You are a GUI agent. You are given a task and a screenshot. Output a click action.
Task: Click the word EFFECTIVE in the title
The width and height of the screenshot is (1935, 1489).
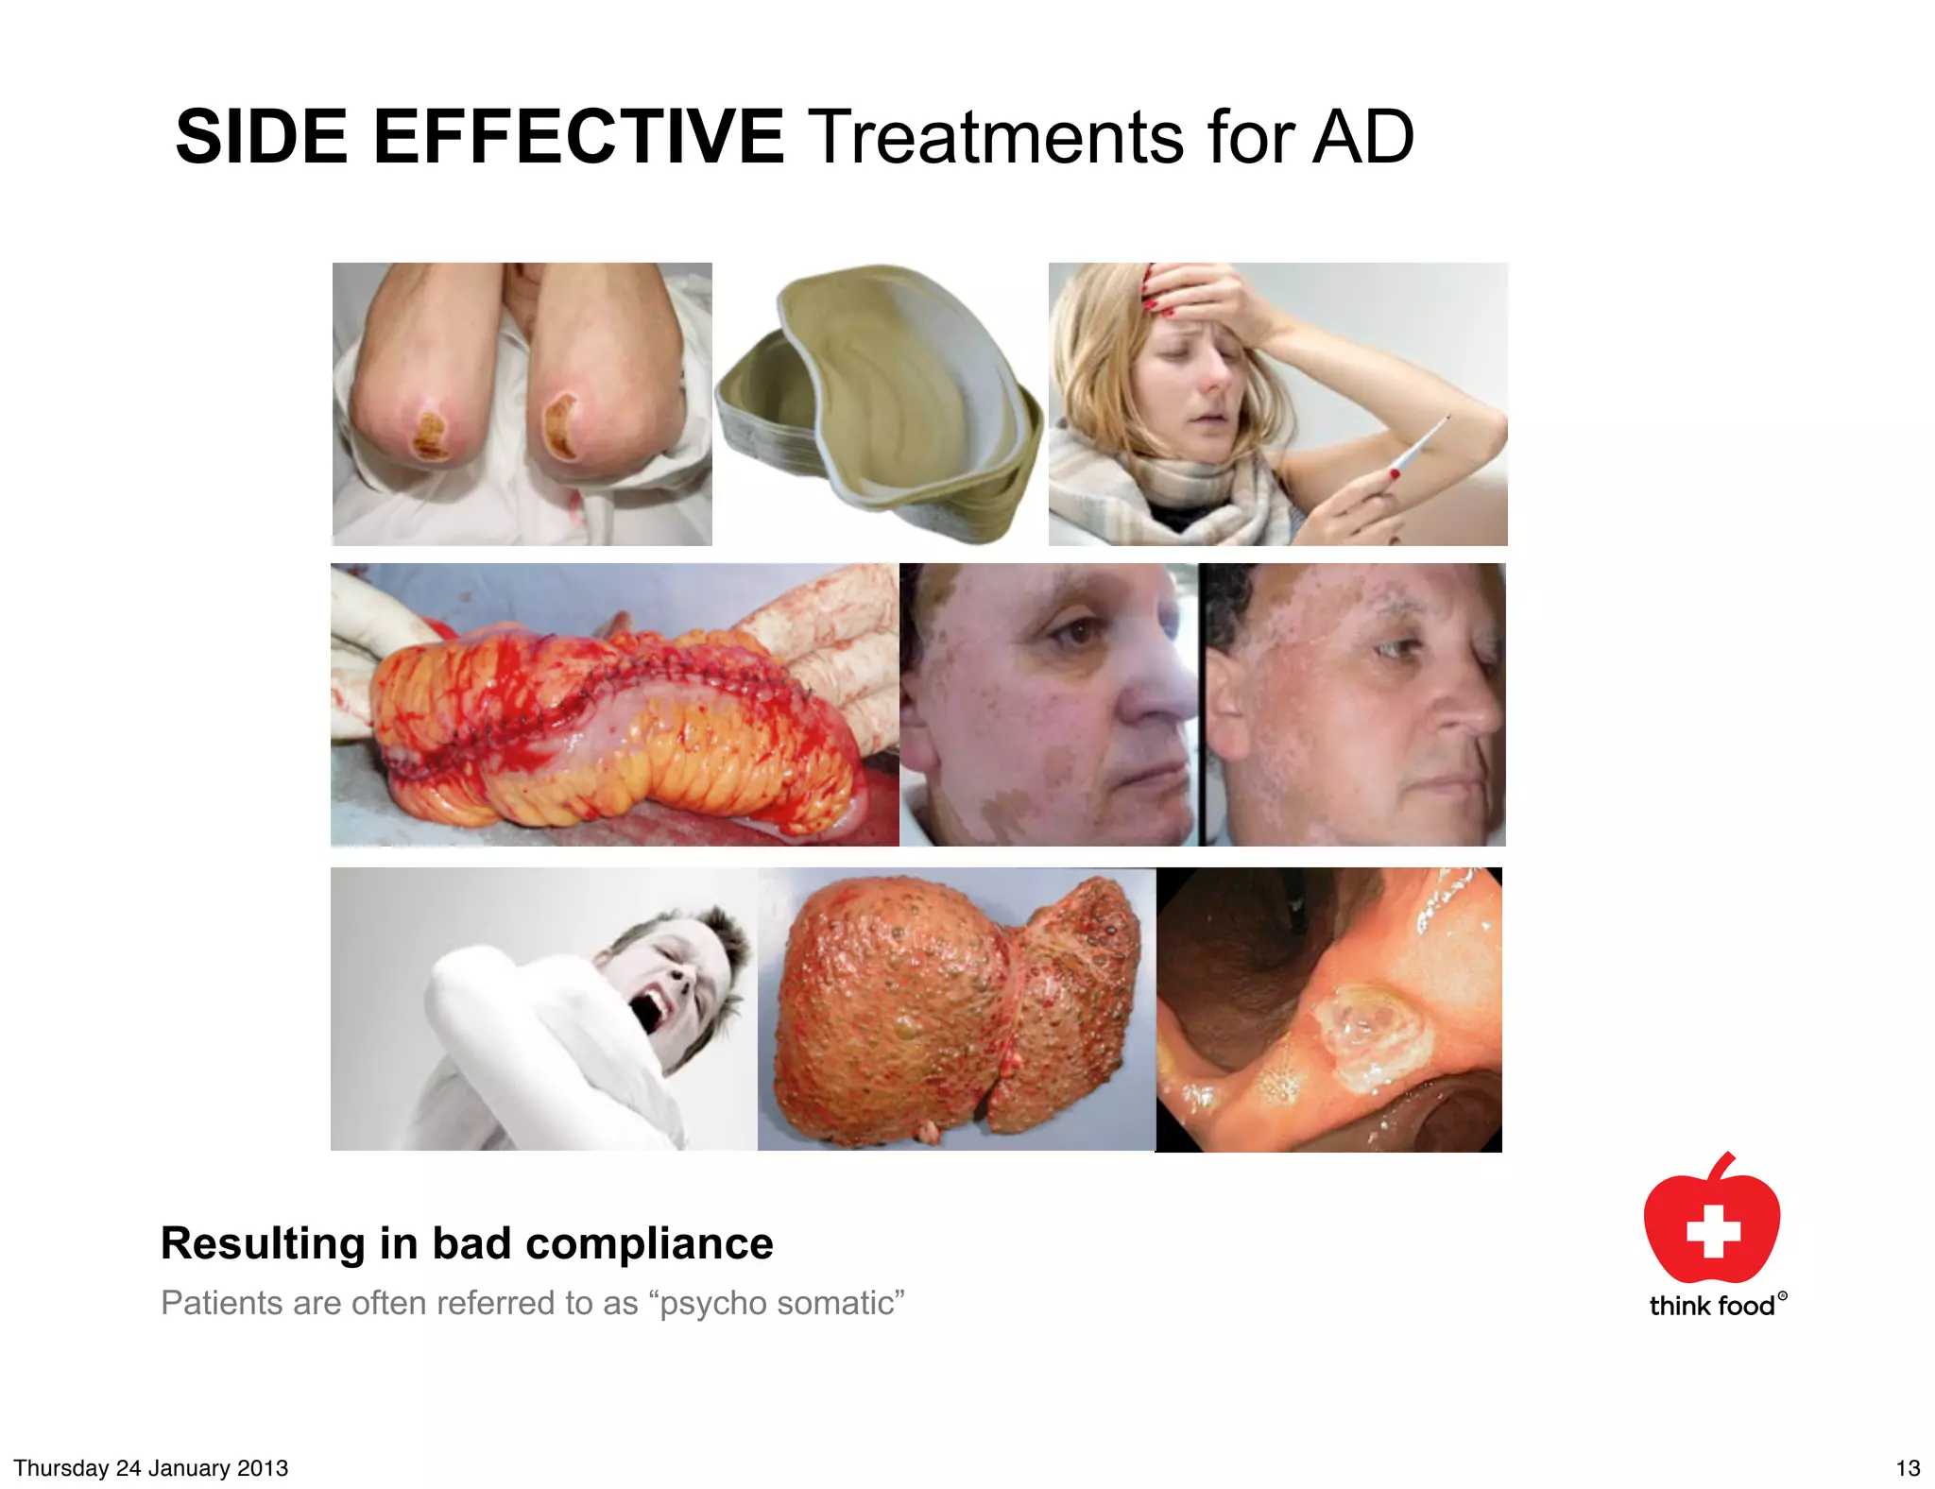(578, 137)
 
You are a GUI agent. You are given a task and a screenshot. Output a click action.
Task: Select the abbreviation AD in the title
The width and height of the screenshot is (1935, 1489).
(1362, 137)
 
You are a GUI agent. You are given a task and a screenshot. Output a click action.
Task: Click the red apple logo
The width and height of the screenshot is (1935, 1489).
(1711, 1220)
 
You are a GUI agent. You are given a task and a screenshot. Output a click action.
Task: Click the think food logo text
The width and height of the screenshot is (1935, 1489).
(1711, 1306)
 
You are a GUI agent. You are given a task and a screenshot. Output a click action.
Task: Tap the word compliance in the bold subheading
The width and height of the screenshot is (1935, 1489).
(649, 1243)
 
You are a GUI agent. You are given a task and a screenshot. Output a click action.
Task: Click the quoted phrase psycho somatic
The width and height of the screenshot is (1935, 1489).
(777, 1303)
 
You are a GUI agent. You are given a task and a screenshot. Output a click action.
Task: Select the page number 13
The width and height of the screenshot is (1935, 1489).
(1908, 1468)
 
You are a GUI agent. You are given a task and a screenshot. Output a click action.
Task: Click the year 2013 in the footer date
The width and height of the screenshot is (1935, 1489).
(263, 1468)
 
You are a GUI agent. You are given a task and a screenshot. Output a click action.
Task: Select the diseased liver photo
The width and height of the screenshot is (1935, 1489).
(956, 1009)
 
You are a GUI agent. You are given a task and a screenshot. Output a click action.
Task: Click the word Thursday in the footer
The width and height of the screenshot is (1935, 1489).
(60, 1468)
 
